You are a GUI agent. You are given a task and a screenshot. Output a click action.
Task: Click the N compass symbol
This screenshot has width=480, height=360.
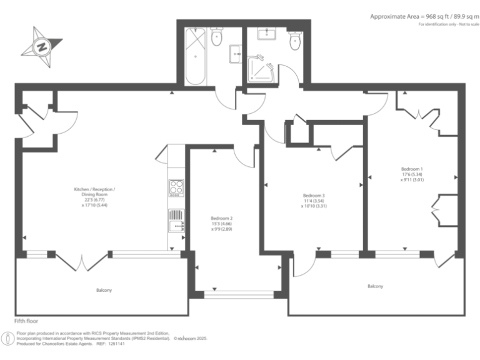click(42, 45)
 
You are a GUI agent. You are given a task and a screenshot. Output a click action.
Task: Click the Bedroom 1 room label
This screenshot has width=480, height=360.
click(412, 169)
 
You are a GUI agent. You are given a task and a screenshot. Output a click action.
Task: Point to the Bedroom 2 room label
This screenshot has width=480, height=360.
click(222, 219)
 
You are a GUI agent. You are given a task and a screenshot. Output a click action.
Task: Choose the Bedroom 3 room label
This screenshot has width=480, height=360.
click(314, 195)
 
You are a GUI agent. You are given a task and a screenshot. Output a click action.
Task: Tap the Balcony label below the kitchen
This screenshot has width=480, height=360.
click(104, 290)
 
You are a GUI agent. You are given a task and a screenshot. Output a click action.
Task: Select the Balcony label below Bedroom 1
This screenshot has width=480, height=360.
click(375, 286)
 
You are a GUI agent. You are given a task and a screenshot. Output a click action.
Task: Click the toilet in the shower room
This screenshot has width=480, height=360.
click(295, 39)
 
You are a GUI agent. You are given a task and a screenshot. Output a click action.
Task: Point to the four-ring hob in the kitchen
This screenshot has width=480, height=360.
click(176, 187)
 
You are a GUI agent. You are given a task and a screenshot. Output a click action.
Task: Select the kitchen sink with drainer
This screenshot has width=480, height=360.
click(176, 221)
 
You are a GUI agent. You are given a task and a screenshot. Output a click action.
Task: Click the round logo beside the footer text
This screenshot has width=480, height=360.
click(8, 338)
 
